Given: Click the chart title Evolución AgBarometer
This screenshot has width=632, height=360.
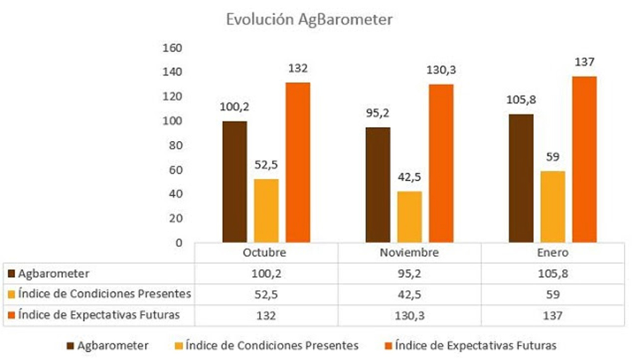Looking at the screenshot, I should (310, 20).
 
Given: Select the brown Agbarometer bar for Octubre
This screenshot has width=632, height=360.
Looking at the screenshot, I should (234, 182).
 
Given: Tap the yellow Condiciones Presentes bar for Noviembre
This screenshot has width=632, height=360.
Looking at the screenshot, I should (410, 217).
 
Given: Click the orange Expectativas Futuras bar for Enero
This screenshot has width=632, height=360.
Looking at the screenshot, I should (585, 159).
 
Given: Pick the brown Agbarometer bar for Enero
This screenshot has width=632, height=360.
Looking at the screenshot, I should (521, 178).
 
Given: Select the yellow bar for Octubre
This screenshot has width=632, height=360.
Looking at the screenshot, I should (266, 210).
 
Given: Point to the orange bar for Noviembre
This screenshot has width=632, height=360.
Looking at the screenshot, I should (441, 163).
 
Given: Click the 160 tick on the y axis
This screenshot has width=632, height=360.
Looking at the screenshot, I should (172, 48).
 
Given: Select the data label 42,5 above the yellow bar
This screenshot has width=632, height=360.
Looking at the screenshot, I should (410, 177).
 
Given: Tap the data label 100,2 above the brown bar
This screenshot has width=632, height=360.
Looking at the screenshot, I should (234, 106).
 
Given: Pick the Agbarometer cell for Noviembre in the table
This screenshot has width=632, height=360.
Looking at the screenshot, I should (410, 273).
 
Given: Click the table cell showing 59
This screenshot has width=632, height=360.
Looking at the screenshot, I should (553, 294).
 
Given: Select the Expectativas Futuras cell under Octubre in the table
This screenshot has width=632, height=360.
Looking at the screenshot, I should (266, 315).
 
